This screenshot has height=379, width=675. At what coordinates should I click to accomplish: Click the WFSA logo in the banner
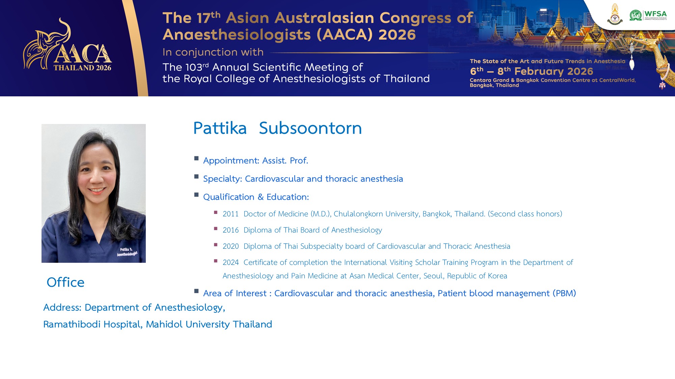click(648, 15)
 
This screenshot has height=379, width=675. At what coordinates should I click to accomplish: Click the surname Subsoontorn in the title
click(310, 128)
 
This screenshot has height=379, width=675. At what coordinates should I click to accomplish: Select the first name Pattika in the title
click(220, 128)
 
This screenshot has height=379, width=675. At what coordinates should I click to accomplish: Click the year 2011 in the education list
click(231, 214)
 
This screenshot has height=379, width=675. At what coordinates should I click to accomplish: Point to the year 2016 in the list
click(231, 230)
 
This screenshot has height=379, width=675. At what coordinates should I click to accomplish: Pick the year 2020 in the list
click(231, 246)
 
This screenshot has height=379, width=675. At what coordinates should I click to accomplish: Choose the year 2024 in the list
click(231, 262)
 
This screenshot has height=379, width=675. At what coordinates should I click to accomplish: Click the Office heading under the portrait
click(65, 282)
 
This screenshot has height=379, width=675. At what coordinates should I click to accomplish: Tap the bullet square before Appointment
click(196, 158)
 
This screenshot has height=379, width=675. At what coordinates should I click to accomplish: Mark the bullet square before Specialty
click(196, 177)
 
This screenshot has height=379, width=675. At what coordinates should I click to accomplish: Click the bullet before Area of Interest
click(196, 291)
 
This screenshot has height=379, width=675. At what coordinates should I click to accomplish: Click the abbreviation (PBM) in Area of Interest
click(564, 293)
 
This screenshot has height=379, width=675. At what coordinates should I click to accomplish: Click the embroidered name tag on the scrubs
click(127, 252)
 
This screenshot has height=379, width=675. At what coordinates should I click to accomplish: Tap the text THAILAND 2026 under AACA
click(82, 68)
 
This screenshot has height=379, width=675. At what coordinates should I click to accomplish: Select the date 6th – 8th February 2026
click(531, 71)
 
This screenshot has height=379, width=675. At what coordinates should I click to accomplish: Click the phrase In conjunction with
click(213, 52)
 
